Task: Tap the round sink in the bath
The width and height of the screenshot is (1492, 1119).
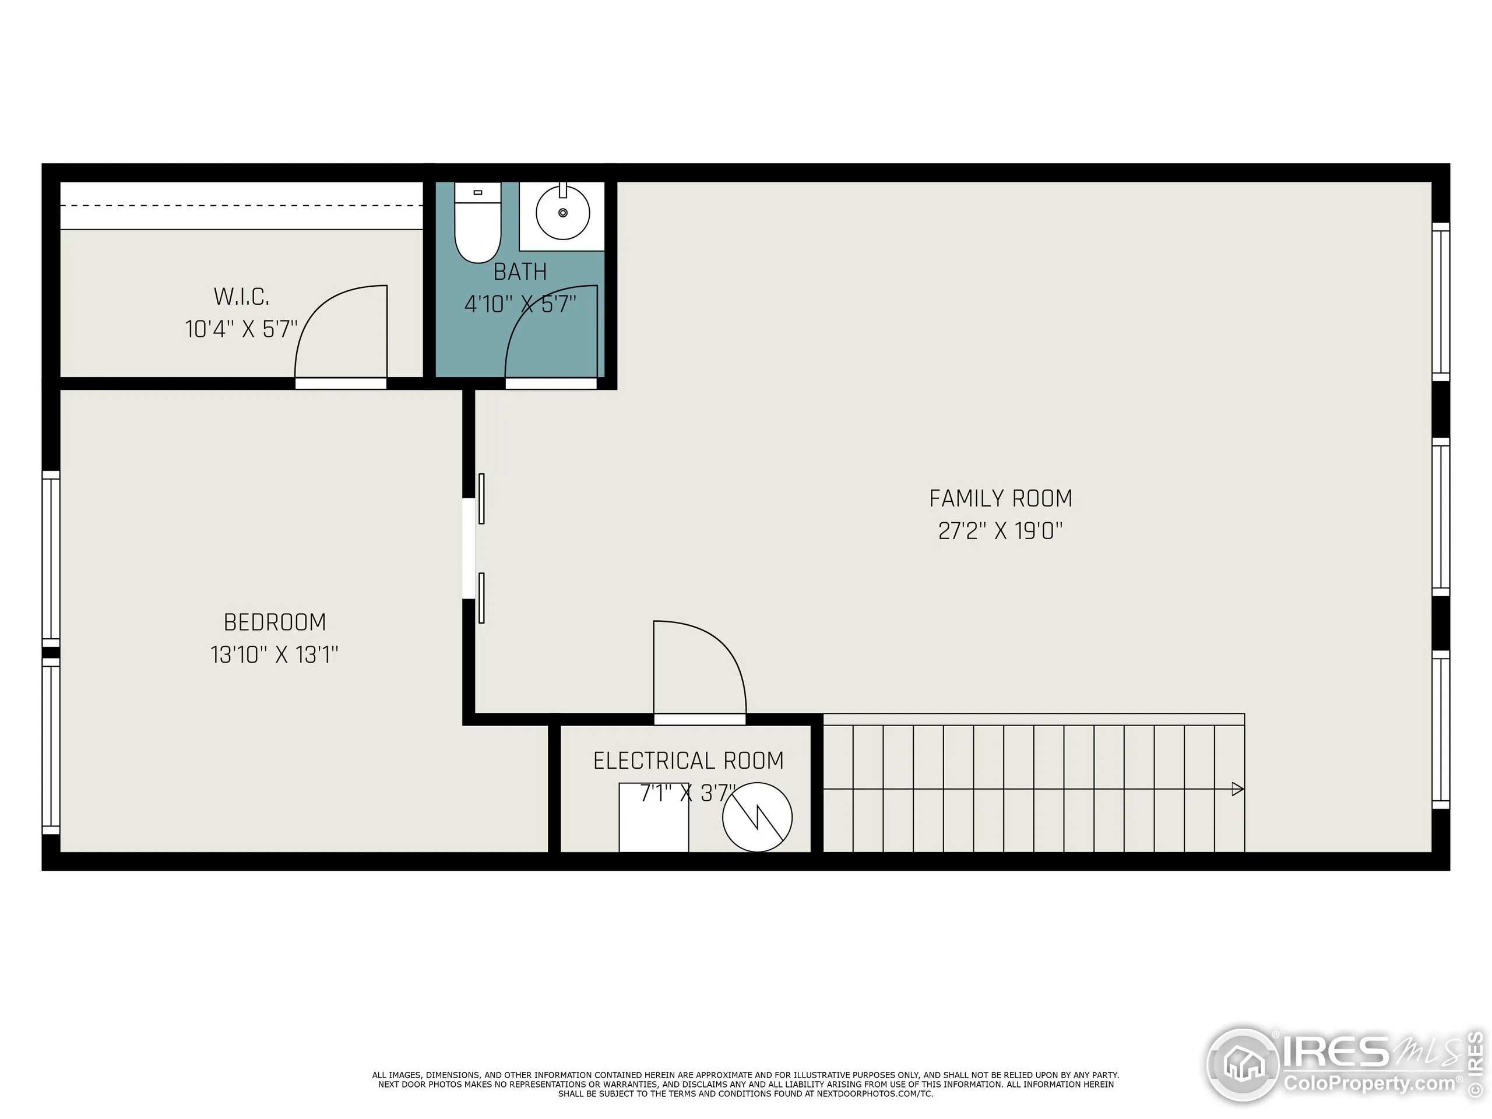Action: (x=562, y=213)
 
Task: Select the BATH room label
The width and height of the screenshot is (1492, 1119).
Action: (x=519, y=272)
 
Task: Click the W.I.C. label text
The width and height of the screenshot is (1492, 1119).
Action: (x=241, y=297)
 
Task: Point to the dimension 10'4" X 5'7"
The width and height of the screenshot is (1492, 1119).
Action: (x=241, y=329)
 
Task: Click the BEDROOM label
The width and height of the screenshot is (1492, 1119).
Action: (x=275, y=622)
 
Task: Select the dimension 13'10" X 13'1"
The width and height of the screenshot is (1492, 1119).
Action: (x=275, y=655)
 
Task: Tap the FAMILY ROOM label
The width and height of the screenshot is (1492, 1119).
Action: (x=1000, y=498)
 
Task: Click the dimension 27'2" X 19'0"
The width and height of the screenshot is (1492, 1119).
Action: (x=1000, y=532)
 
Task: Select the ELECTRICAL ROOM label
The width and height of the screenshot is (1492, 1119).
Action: (x=688, y=761)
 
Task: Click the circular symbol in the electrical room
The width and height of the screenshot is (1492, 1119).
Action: (x=757, y=817)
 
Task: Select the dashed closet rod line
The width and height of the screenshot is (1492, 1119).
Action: (x=241, y=206)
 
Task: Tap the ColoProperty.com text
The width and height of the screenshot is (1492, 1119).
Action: (x=1369, y=1084)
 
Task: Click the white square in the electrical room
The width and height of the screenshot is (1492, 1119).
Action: (x=653, y=818)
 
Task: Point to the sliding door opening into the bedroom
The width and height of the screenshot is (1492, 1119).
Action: (x=469, y=548)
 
